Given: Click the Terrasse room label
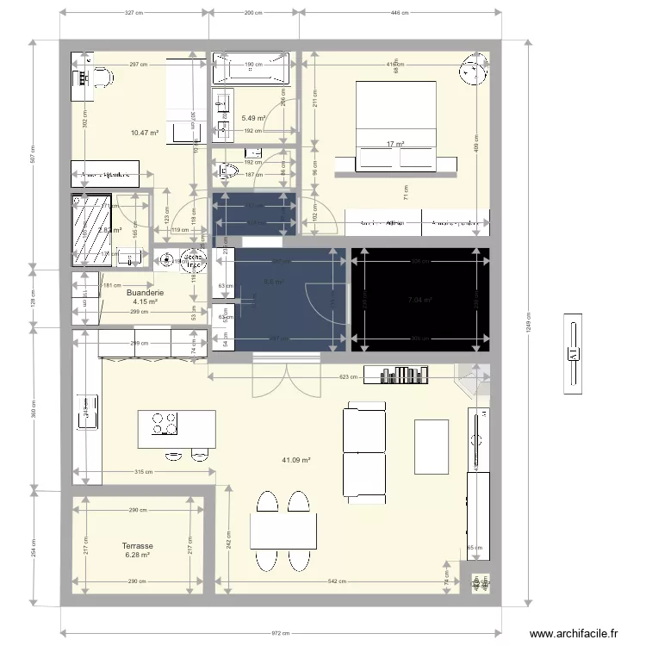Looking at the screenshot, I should pos(138,546).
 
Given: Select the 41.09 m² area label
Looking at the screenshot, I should pos(295,460).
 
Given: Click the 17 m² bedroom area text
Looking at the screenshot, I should pos(395,144).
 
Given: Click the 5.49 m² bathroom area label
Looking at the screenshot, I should pos(253,118).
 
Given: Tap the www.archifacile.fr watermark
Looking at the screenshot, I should pos(575,633).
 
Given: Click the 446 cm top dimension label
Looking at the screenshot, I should pos(400,13).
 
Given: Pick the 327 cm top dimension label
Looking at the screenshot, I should pos(134,13).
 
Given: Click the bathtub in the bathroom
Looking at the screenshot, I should pos(252,70).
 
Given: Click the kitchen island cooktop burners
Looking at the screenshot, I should pos(165,424).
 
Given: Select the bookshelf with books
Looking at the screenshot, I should pos(396,374).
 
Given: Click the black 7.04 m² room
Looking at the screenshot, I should pos(419,300).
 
